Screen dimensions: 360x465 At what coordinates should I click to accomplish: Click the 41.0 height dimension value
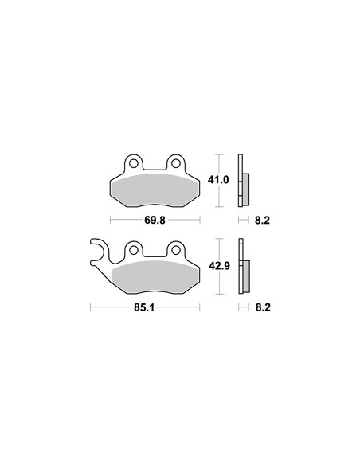[x=218, y=180]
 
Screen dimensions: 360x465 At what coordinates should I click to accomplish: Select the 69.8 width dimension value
[x=155, y=220]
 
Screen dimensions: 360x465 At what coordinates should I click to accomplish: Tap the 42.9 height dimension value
[x=219, y=266]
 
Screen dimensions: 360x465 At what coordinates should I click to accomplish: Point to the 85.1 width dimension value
[x=144, y=307]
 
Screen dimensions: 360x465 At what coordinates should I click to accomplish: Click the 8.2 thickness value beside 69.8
[x=263, y=220]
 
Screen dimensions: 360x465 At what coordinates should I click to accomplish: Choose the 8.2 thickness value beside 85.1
[x=263, y=307]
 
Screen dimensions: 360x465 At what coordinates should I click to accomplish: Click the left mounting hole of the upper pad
[x=134, y=163]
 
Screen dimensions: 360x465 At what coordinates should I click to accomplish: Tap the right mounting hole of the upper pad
[x=176, y=163]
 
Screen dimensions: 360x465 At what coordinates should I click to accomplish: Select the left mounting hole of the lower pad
[x=134, y=250]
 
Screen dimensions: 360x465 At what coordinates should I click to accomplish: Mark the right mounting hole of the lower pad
[x=176, y=250]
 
